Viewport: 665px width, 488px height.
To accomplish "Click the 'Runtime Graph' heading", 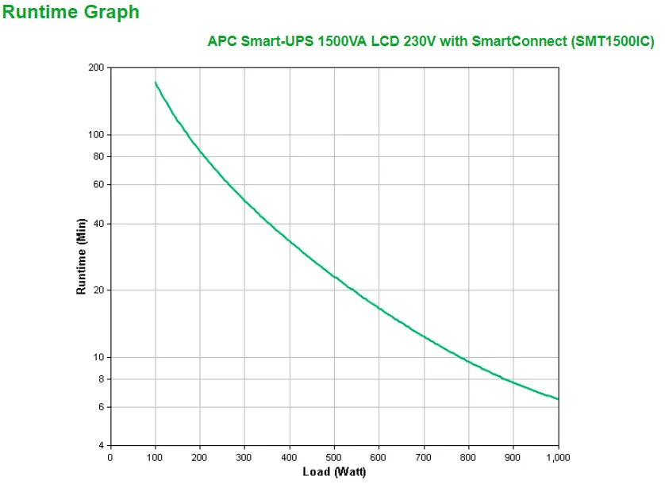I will tap(71, 12).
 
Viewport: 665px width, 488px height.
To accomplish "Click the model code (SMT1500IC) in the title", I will tap(612, 41).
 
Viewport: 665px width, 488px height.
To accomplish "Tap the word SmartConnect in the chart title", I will tap(519, 41).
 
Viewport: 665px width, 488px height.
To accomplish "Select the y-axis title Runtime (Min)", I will tap(80, 257).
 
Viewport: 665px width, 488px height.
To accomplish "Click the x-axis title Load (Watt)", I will tap(333, 471).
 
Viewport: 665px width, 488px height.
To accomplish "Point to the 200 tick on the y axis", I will tap(96, 67).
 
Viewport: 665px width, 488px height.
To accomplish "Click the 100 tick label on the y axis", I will tap(96, 135).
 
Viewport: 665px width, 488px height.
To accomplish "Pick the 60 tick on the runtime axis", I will tap(98, 184).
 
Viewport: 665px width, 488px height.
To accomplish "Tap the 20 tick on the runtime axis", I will tap(98, 290).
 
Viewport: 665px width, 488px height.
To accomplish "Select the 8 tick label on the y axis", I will tap(101, 379).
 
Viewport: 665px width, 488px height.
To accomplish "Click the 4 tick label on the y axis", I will tap(101, 445).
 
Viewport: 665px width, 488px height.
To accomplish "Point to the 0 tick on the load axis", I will tap(110, 457).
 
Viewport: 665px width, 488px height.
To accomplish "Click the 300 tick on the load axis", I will tap(244, 457).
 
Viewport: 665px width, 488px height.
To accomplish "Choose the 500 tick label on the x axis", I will tap(334, 457).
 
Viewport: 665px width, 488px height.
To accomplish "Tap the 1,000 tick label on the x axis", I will tap(558, 457).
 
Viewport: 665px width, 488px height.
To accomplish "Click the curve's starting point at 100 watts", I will tap(155, 82).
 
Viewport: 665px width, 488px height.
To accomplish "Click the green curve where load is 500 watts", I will tap(334, 277).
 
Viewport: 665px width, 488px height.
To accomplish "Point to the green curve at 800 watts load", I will tap(469, 362).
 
